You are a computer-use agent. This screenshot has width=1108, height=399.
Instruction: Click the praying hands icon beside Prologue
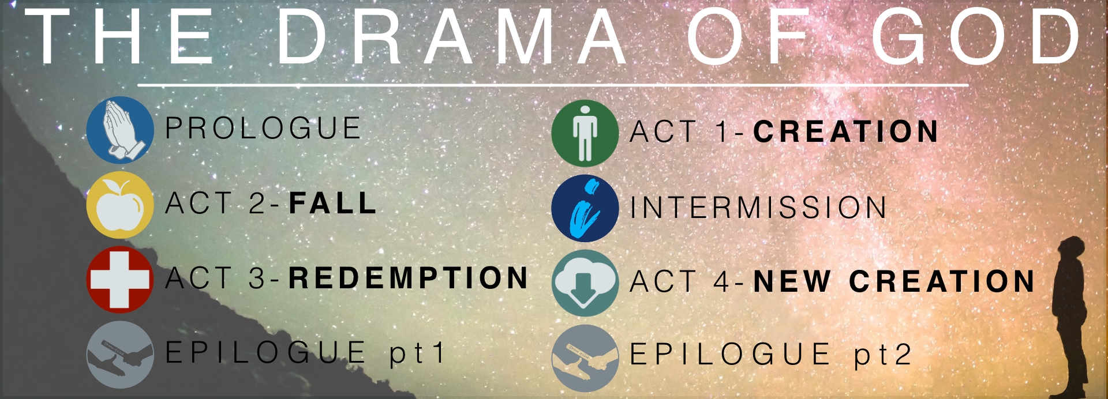[x=120, y=130]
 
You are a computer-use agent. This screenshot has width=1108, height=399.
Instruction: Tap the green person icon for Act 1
[x=585, y=133]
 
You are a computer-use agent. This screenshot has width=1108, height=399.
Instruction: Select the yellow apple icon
[x=120, y=205]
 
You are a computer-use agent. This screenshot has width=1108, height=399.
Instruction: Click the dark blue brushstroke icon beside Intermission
[x=585, y=208]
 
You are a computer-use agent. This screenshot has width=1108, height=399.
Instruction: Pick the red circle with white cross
[x=120, y=280]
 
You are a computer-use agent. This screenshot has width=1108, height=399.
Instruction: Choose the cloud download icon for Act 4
[x=585, y=283]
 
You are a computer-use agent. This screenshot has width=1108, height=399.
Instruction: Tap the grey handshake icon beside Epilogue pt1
[x=120, y=355]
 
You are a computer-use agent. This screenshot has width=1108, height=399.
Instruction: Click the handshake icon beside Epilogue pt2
[x=585, y=358]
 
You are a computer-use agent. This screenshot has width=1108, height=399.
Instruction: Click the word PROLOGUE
[x=263, y=128]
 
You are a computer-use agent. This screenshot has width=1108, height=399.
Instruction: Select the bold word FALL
[x=333, y=203]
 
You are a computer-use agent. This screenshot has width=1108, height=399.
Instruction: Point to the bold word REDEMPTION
[x=409, y=278]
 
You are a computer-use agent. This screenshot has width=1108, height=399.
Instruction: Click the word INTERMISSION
[x=758, y=207]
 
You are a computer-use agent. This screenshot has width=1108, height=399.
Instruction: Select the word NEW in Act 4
[x=792, y=281]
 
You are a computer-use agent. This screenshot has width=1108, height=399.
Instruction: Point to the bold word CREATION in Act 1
[x=846, y=131]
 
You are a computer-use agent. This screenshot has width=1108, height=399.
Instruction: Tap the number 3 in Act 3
[x=257, y=278]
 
